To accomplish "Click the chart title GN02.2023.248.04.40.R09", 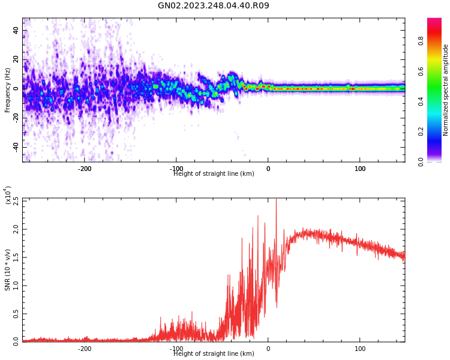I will [x=214, y=6].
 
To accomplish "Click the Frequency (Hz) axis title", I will [x=8, y=90].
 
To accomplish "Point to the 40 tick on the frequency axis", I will [x=16, y=30].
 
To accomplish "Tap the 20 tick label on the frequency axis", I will [x=16, y=59].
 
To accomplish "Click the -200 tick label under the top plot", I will [x=85, y=169].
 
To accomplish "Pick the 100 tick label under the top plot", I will [x=360, y=169].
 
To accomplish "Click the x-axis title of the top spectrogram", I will [x=214, y=174].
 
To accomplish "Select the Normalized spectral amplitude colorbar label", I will [x=446, y=90].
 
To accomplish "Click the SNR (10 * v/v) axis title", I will [x=8, y=270].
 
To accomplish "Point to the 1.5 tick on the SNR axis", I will [x=16, y=257].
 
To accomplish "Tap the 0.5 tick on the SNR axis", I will [x=16, y=314].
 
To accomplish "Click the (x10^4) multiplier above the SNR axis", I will [x=8, y=195].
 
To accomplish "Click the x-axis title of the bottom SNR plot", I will [x=214, y=354].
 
